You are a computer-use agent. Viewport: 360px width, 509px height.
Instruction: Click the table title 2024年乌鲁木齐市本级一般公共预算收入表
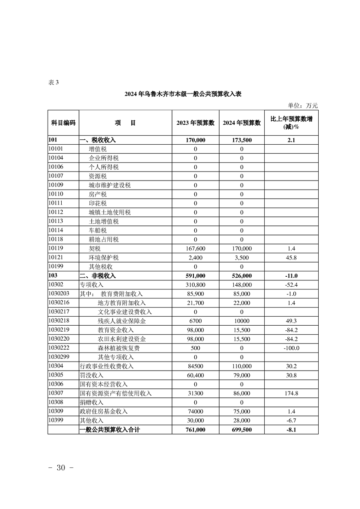(183, 94)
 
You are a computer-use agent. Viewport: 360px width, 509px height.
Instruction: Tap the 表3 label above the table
(53, 82)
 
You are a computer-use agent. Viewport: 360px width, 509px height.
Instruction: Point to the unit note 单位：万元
(300, 106)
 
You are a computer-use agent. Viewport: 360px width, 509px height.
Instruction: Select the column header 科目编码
(63, 123)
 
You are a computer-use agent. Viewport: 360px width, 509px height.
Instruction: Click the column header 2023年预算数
(196, 123)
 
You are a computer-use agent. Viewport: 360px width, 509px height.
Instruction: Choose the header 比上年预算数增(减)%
(291, 122)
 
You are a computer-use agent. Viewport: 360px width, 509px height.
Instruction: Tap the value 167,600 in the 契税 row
(196, 249)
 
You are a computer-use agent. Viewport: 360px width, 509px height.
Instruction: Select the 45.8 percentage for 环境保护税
(291, 258)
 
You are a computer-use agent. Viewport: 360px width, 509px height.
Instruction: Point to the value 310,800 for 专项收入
(196, 285)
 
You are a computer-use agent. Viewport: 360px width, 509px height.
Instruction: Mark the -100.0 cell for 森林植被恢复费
(291, 348)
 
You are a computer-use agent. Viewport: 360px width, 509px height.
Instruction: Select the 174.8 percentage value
(291, 393)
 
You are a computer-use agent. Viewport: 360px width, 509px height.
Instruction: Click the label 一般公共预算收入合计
(109, 430)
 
